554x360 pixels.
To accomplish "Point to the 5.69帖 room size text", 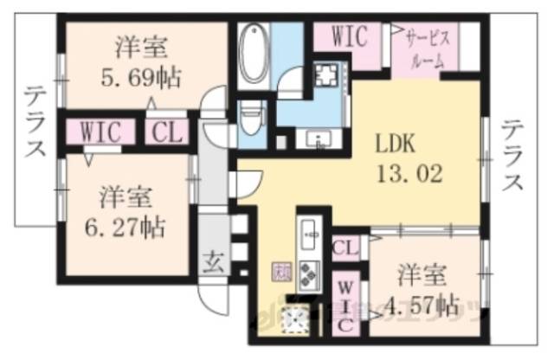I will point(138,78).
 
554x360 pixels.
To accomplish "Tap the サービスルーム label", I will point(425,50).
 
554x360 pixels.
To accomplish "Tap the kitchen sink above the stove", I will point(310,234).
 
